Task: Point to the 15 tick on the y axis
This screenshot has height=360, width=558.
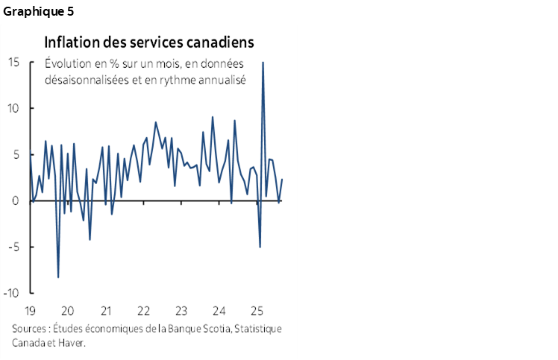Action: [x=13, y=62]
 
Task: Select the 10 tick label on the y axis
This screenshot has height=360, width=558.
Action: [x=13, y=108]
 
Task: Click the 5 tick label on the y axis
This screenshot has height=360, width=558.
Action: [x=16, y=154]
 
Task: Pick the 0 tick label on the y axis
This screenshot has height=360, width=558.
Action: [x=16, y=200]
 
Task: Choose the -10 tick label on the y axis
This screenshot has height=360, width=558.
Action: [x=13, y=293]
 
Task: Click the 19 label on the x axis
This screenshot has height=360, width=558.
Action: [x=30, y=311]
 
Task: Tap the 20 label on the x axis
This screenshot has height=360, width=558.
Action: [x=67, y=311]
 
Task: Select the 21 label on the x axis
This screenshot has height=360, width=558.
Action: [x=105, y=311]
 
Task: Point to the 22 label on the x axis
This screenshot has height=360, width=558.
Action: [x=143, y=311]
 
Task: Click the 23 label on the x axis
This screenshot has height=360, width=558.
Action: [x=181, y=311]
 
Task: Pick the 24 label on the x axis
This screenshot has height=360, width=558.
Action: [x=219, y=311]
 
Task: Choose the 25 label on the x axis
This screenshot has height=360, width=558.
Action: [x=257, y=311]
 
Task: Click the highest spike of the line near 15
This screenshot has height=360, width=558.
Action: [x=263, y=63]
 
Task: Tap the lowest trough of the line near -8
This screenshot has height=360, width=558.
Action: [x=58, y=277]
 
